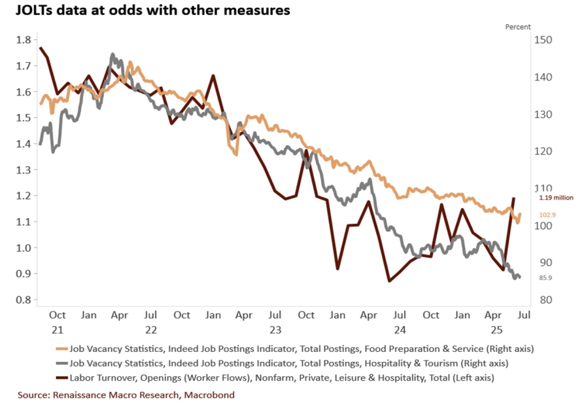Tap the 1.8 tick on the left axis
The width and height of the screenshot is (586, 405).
[24, 40]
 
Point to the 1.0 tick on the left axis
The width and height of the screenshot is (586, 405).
[24, 248]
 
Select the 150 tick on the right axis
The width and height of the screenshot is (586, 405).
[544, 40]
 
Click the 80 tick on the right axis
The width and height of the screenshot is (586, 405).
[542, 300]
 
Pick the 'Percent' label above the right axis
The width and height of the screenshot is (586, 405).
[518, 27]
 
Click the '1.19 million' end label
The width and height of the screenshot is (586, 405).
[556, 198]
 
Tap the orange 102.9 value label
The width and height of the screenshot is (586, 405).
[547, 215]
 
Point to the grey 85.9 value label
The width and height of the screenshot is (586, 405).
[546, 278]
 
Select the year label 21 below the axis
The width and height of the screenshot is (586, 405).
[57, 330]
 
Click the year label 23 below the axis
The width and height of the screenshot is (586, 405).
[275, 330]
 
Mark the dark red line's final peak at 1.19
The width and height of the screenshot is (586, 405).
[513, 198]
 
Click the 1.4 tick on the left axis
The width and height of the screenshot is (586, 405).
[24, 144]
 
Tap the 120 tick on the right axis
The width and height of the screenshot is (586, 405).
[544, 151]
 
